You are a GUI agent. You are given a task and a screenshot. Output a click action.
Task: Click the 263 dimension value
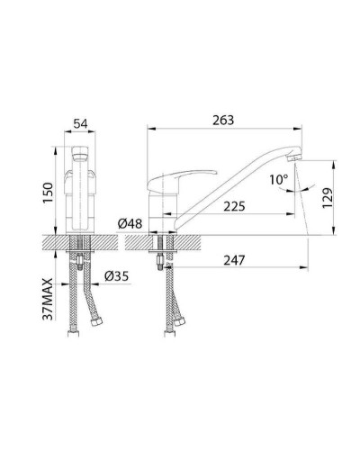click(223, 120)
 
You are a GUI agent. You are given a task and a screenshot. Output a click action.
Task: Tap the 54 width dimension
click(80, 123)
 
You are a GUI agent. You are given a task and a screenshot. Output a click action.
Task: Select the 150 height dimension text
click(48, 193)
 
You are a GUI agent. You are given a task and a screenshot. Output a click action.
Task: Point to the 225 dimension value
click(234, 206)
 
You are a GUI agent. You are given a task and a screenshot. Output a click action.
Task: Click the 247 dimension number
click(234, 260)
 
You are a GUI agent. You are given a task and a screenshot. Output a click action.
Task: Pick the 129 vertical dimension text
click(328, 198)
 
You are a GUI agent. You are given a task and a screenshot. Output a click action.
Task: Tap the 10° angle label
click(278, 180)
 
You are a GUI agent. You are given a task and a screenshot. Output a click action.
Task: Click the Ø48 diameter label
click(130, 223)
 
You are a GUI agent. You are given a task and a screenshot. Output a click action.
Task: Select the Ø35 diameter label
click(117, 276)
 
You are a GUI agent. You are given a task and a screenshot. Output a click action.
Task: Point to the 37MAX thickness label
click(48, 299)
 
